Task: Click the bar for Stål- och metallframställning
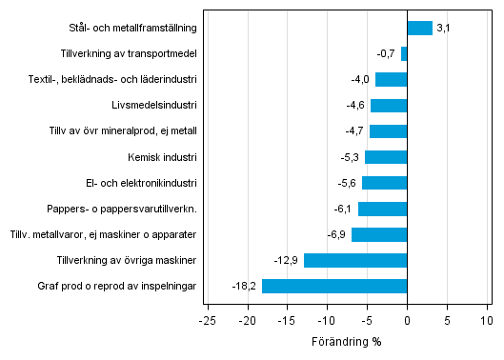(x=419, y=29)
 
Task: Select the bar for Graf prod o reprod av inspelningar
(x=334, y=286)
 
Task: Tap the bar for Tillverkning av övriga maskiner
(x=355, y=260)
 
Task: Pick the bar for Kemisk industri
(x=386, y=157)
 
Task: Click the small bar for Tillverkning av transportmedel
(x=404, y=54)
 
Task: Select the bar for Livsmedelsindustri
(x=389, y=106)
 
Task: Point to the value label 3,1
(x=443, y=29)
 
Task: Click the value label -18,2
(x=245, y=286)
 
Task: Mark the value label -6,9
(x=338, y=234)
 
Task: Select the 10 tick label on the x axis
(x=487, y=319)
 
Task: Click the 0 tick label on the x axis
(x=407, y=319)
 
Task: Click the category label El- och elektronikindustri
(x=141, y=183)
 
